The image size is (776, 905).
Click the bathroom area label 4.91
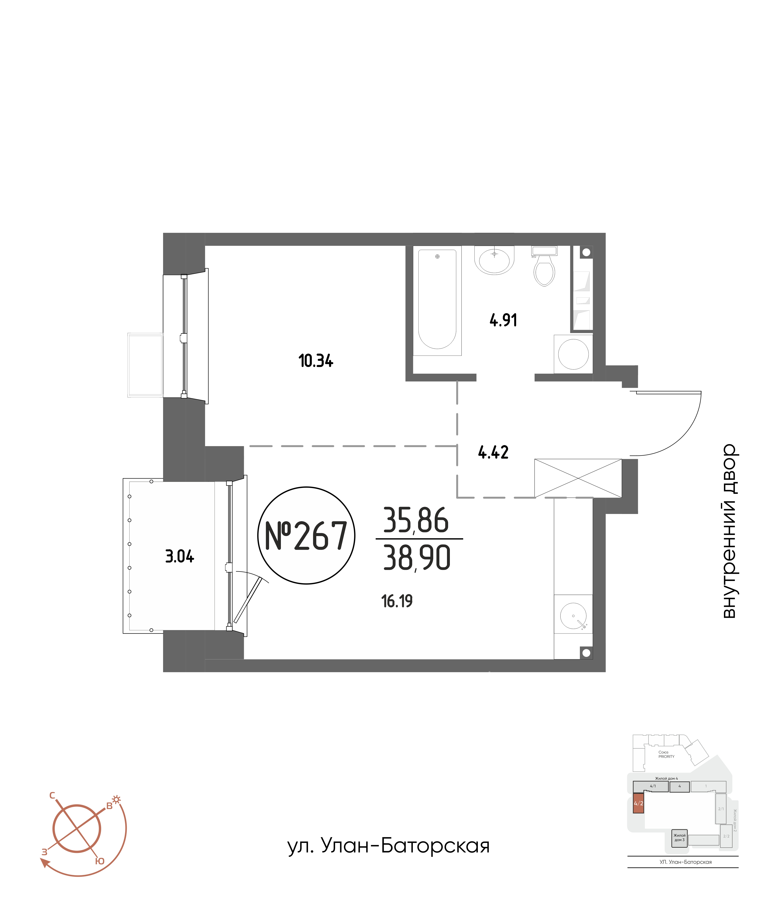pyautogui.click(x=503, y=320)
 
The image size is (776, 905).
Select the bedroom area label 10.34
pyautogui.click(x=315, y=361)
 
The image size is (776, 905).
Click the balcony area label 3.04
pyautogui.click(x=179, y=556)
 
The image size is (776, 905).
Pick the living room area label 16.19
pyautogui.click(x=397, y=602)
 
